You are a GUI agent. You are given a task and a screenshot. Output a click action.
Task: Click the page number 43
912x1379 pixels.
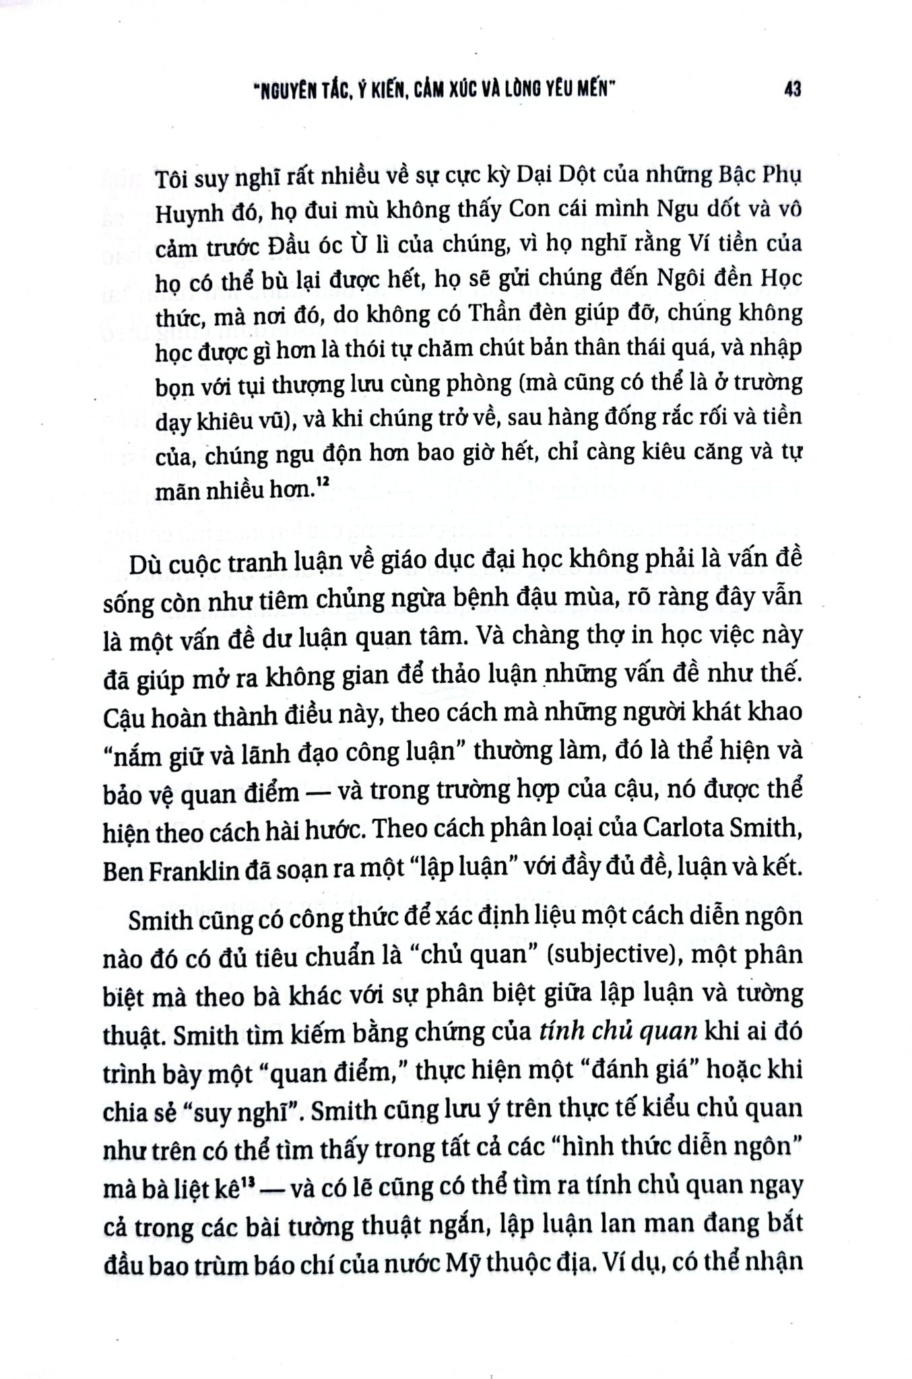click(x=792, y=90)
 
